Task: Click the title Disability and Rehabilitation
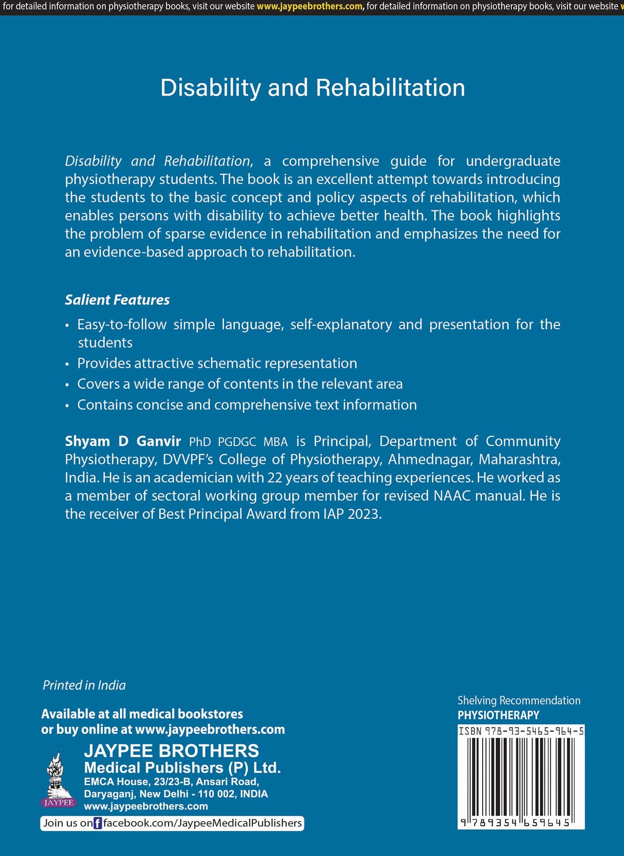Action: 313,88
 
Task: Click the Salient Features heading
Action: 117,300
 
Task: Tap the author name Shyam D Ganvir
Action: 123,441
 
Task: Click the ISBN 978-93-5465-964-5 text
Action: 521,731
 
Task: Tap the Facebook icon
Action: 98,823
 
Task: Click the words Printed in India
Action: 84,685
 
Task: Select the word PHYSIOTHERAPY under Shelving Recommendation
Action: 498,715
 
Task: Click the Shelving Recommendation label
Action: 519,700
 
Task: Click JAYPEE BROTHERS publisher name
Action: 171,751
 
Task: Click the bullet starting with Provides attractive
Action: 217,363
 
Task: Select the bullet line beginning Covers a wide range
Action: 240,384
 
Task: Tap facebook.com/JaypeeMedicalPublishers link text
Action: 203,823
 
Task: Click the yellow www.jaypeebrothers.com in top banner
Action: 310,7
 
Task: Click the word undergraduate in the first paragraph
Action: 512,161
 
